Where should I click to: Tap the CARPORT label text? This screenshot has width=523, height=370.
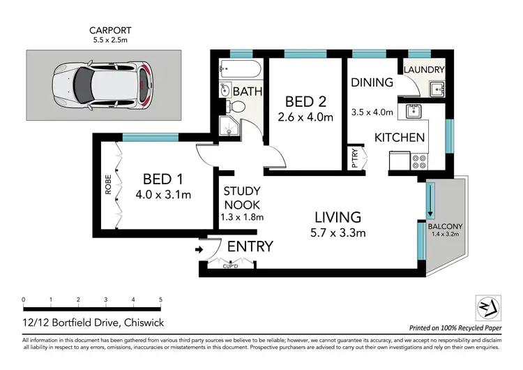click(110, 30)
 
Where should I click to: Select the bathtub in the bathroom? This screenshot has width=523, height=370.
click(239, 69)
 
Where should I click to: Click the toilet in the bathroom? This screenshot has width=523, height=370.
click(236, 106)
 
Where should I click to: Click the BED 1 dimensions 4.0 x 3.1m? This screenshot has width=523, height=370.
click(163, 194)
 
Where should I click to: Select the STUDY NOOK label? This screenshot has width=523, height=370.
click(241, 198)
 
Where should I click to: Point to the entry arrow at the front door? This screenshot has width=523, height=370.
click(199, 248)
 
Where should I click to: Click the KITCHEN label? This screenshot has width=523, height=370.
click(400, 138)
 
